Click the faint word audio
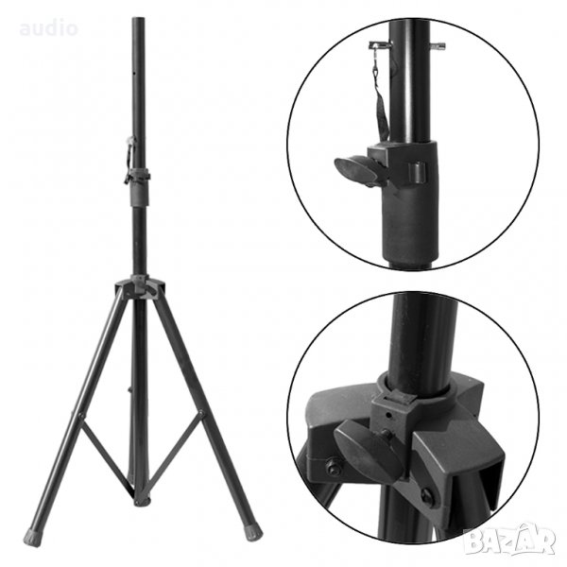coord(49,28)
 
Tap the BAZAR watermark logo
coord(509,540)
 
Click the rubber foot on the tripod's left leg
coord(32,537)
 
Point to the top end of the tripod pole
coord(139,18)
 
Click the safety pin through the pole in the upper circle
coord(406,45)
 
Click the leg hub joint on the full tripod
coord(140,286)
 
